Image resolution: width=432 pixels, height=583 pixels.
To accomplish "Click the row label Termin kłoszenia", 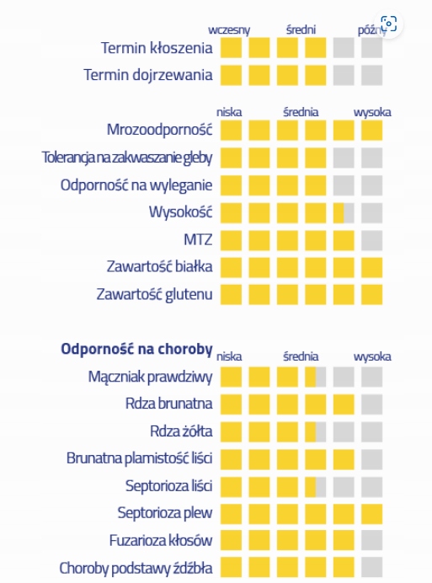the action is [157, 48].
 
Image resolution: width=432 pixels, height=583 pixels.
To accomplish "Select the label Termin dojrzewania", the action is [148, 75].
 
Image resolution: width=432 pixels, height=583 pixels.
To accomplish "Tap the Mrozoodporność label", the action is [159, 130].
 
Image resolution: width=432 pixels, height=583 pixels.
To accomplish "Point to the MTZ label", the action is [198, 239].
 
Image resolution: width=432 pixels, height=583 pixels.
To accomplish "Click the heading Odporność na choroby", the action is [136, 349].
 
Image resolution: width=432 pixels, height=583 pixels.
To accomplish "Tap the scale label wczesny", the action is [229, 29].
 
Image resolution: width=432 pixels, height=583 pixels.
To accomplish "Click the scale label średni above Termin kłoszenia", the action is [301, 29].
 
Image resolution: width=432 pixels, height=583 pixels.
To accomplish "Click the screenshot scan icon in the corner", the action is [388, 24].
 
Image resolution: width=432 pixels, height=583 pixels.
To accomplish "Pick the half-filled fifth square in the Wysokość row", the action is [344, 212].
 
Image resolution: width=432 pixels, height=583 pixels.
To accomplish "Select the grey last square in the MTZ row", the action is [371, 240].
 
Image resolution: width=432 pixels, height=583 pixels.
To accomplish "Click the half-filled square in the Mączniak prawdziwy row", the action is [316, 377].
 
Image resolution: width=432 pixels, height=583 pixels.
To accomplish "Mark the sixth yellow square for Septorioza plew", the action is [371, 514].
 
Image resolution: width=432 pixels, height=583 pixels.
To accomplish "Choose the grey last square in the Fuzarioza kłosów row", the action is [371, 540].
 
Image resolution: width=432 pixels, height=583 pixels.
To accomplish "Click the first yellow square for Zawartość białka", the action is [231, 267].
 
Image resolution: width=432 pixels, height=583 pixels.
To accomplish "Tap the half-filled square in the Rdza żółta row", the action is [316, 431].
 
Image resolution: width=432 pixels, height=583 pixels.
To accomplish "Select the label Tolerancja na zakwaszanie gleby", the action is [127, 158].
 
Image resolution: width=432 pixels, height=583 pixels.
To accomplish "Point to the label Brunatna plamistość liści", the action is [140, 458].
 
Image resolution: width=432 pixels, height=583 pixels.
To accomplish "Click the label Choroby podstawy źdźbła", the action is [136, 568].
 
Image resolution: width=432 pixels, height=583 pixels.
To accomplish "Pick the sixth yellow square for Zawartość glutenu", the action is [371, 295].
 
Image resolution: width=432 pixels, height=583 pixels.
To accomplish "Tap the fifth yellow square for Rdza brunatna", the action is [344, 404].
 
